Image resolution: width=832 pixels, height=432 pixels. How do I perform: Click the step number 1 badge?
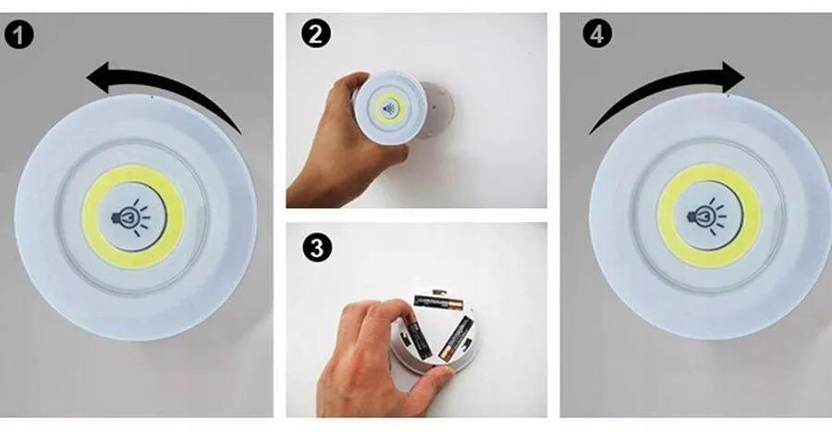coord(19,36)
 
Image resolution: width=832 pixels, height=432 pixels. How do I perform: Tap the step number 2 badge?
coord(316,33)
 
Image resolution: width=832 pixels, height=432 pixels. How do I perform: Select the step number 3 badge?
coord(317,248)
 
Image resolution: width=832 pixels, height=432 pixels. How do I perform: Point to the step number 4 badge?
coord(597,33)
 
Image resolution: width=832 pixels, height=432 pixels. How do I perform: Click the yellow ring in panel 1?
coord(92,217)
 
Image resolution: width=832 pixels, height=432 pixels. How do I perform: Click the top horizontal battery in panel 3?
coord(439,303)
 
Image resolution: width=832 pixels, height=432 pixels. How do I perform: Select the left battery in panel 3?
coord(415,338)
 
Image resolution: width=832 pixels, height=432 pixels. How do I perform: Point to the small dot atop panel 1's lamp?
coord(153,97)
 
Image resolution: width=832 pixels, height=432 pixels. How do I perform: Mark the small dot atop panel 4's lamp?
coord(728,95)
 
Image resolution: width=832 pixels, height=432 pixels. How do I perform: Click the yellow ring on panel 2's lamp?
coord(380,109)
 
